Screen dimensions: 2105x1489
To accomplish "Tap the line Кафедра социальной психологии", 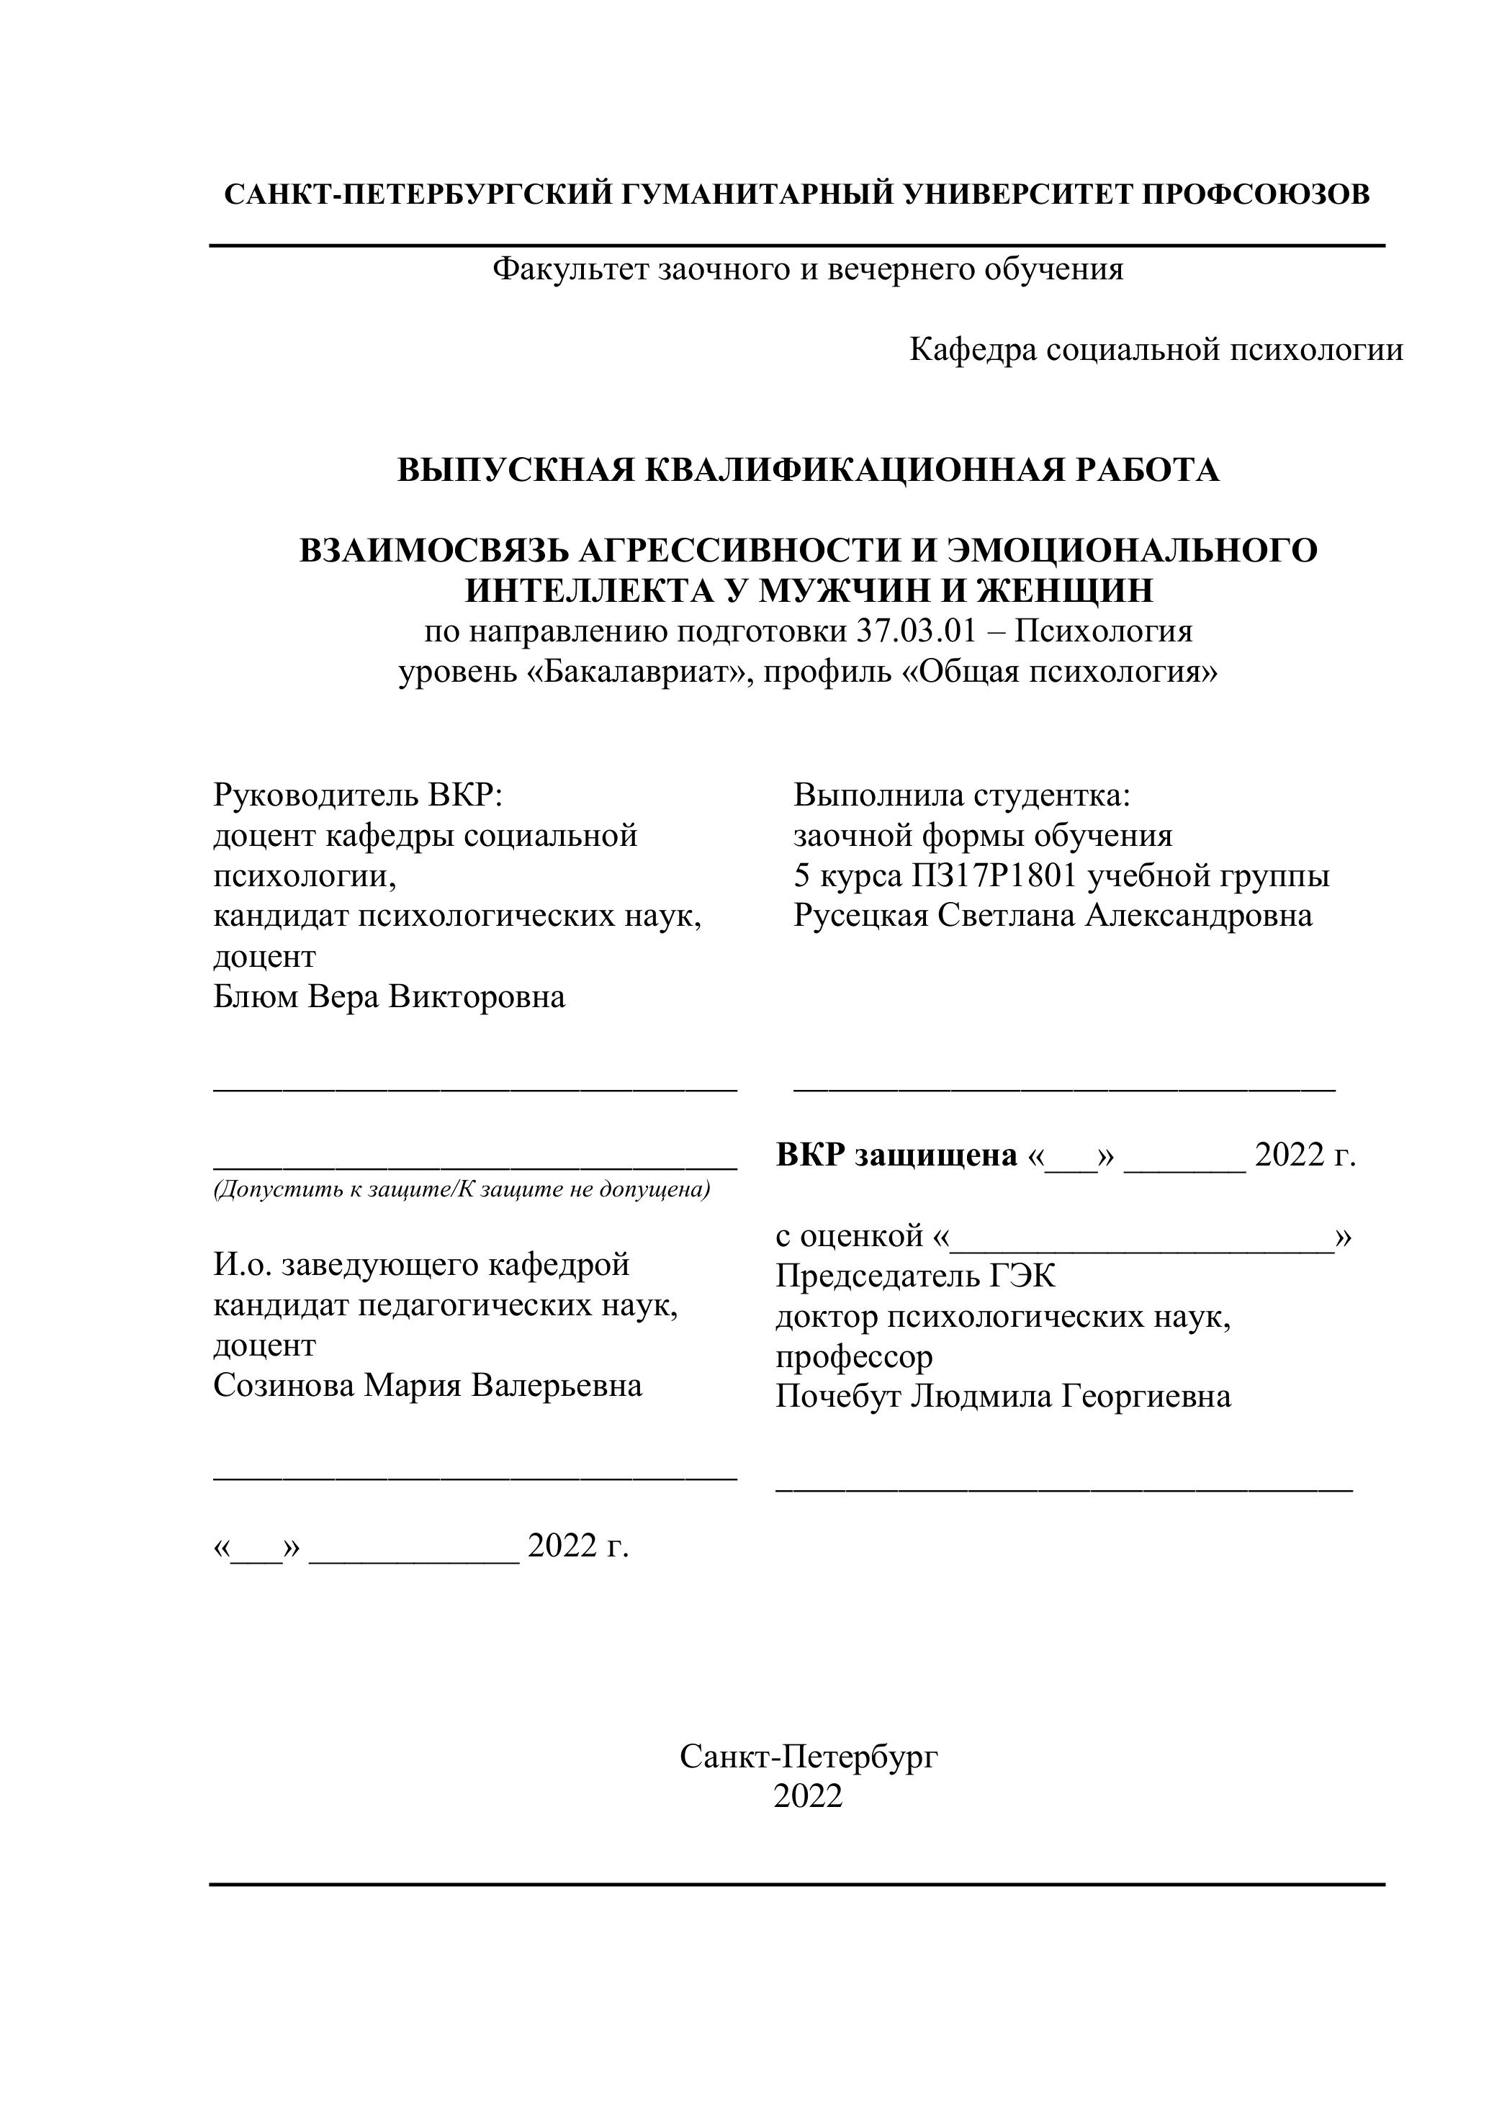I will click(x=1155, y=349).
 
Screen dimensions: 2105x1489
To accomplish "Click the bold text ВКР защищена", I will click(x=896, y=1155).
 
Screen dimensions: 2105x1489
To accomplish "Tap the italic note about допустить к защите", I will click(x=462, y=1190).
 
